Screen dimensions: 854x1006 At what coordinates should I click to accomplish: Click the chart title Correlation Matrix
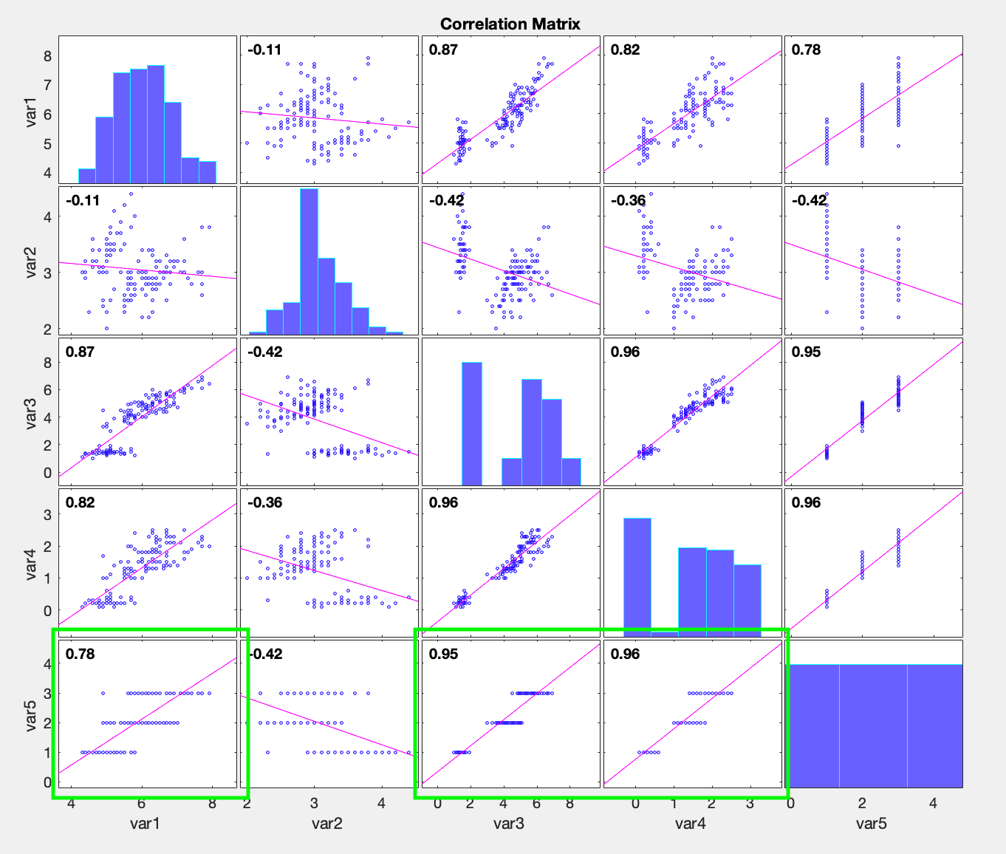pos(510,24)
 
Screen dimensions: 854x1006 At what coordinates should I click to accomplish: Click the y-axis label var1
pos(32,110)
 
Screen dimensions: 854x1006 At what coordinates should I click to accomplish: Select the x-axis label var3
pos(508,823)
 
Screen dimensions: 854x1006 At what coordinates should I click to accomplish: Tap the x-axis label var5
pos(871,823)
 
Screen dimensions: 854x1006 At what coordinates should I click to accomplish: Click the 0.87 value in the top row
pos(443,50)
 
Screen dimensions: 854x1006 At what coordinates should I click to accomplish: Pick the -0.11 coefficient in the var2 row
pos(83,201)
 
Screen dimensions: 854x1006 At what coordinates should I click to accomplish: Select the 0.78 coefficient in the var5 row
pos(80,654)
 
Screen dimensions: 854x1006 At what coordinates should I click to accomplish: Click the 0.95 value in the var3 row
pos(806,352)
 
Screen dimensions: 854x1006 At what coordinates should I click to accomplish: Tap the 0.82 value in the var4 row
pos(80,503)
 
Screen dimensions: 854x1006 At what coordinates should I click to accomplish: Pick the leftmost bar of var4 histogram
pos(637,576)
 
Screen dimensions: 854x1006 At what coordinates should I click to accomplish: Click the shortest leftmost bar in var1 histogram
pos(86,176)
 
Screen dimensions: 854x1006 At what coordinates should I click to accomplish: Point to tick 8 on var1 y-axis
pos(47,55)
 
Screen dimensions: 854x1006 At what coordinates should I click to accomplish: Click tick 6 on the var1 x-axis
pos(141,804)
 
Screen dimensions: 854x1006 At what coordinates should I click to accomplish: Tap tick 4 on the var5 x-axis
pos(932,804)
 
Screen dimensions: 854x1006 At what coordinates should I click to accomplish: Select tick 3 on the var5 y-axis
pos(47,694)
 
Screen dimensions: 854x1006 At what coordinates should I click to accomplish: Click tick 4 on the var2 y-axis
pos(47,217)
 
